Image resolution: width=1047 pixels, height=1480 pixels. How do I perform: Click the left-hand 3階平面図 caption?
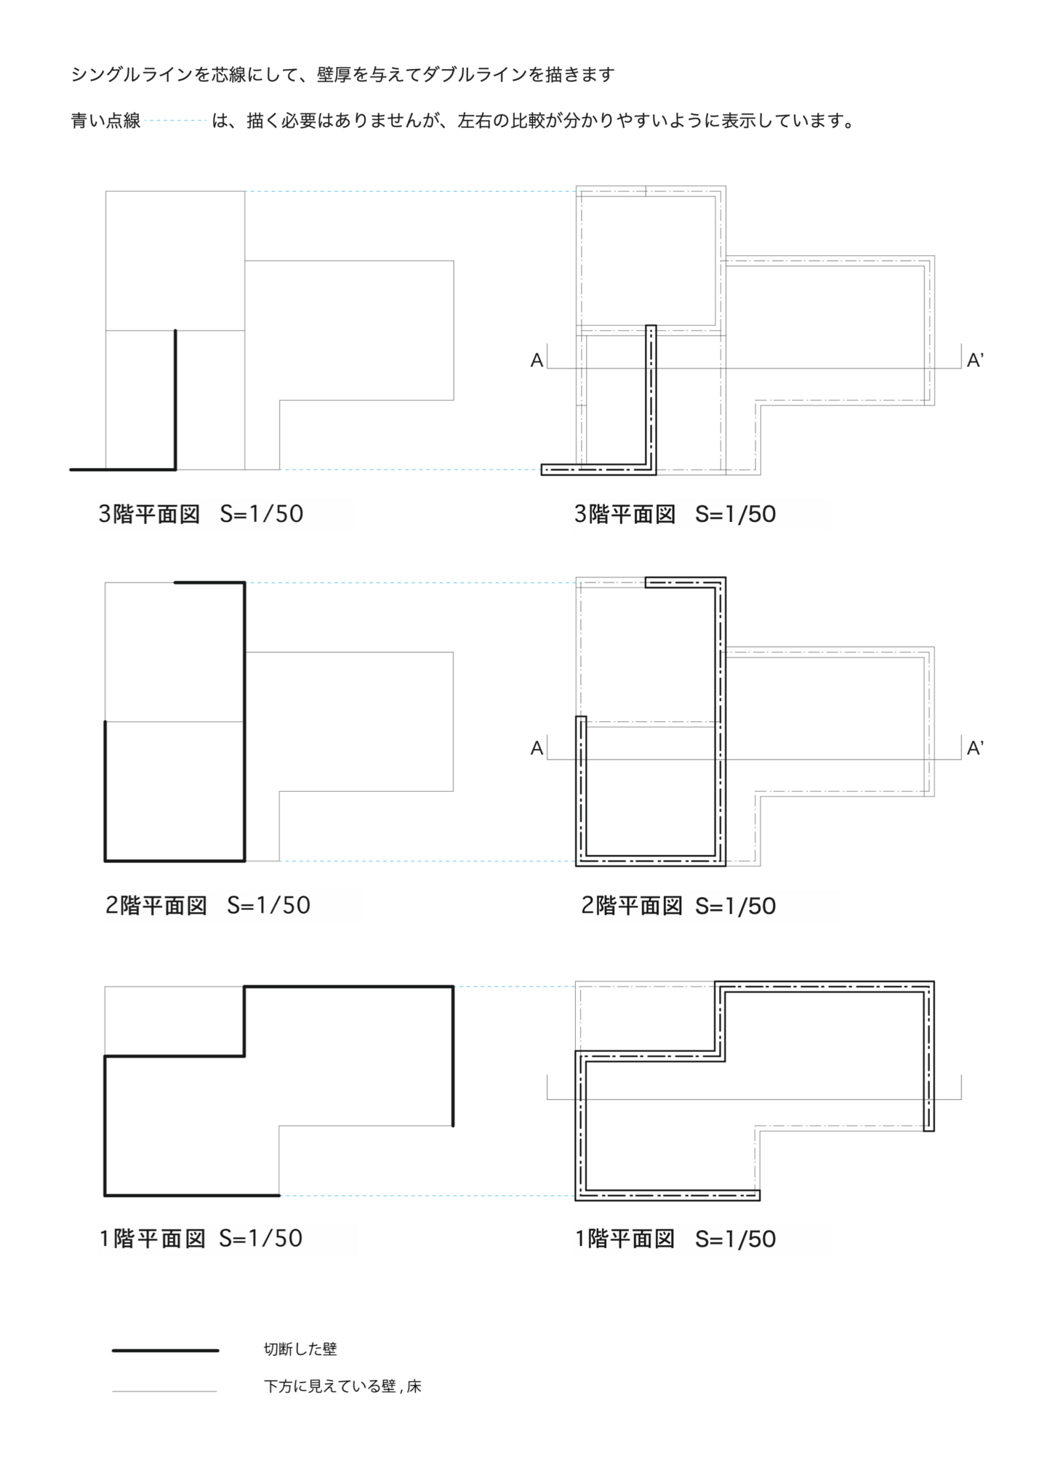point(149,514)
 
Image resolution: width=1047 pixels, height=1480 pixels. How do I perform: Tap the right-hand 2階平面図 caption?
point(631,906)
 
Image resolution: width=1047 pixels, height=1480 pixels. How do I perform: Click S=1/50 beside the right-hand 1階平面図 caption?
point(735,1239)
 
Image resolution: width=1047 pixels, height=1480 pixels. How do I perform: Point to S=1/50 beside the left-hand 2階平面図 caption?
point(268,905)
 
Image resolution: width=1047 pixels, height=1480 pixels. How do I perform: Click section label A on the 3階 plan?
point(537,360)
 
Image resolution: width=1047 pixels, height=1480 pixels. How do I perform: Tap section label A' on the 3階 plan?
point(974,360)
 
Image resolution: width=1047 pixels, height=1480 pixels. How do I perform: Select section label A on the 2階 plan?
point(537,748)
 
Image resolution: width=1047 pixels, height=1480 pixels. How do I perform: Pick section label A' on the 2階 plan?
point(974,748)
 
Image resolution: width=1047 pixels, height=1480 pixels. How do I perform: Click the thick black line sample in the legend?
point(165,1351)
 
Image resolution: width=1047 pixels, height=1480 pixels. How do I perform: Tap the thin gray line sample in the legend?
point(164,1391)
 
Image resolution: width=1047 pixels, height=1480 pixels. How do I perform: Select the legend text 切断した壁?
point(300,1349)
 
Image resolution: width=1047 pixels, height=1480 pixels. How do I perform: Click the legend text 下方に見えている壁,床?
point(342,1386)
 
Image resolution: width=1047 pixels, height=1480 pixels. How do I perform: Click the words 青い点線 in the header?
point(105,121)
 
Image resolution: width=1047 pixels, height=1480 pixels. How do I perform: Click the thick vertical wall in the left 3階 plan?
point(175,400)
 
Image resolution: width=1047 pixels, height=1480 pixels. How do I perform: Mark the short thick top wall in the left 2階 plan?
point(209,582)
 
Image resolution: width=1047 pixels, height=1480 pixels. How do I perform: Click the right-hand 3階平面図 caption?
point(625,514)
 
